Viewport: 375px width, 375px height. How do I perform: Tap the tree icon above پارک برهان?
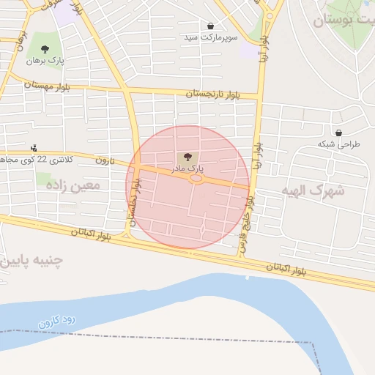45,50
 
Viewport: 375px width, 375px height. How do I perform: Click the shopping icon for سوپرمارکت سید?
211,26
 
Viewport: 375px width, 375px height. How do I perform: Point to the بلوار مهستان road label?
47,86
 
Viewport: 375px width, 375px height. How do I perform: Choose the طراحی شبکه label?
339,144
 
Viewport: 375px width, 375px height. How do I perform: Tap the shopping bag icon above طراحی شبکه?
338,133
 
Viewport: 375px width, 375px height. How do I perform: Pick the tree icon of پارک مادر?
186,157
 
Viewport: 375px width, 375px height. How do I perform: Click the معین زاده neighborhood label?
73,185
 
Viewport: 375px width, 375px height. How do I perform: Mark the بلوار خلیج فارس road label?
248,223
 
